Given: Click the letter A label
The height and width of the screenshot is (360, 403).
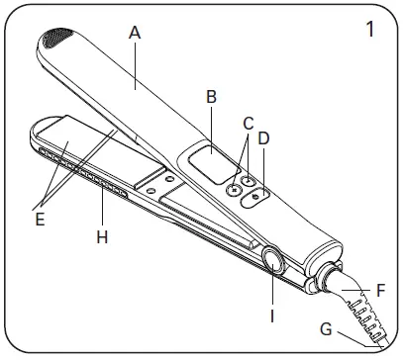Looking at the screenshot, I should (x=135, y=32).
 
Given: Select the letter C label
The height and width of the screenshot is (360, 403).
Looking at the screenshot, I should (x=248, y=122).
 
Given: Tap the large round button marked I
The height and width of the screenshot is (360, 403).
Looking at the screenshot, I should (x=272, y=261).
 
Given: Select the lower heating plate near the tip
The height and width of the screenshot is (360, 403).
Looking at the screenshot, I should (x=64, y=148).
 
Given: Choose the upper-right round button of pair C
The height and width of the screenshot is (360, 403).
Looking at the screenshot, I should (x=249, y=179).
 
